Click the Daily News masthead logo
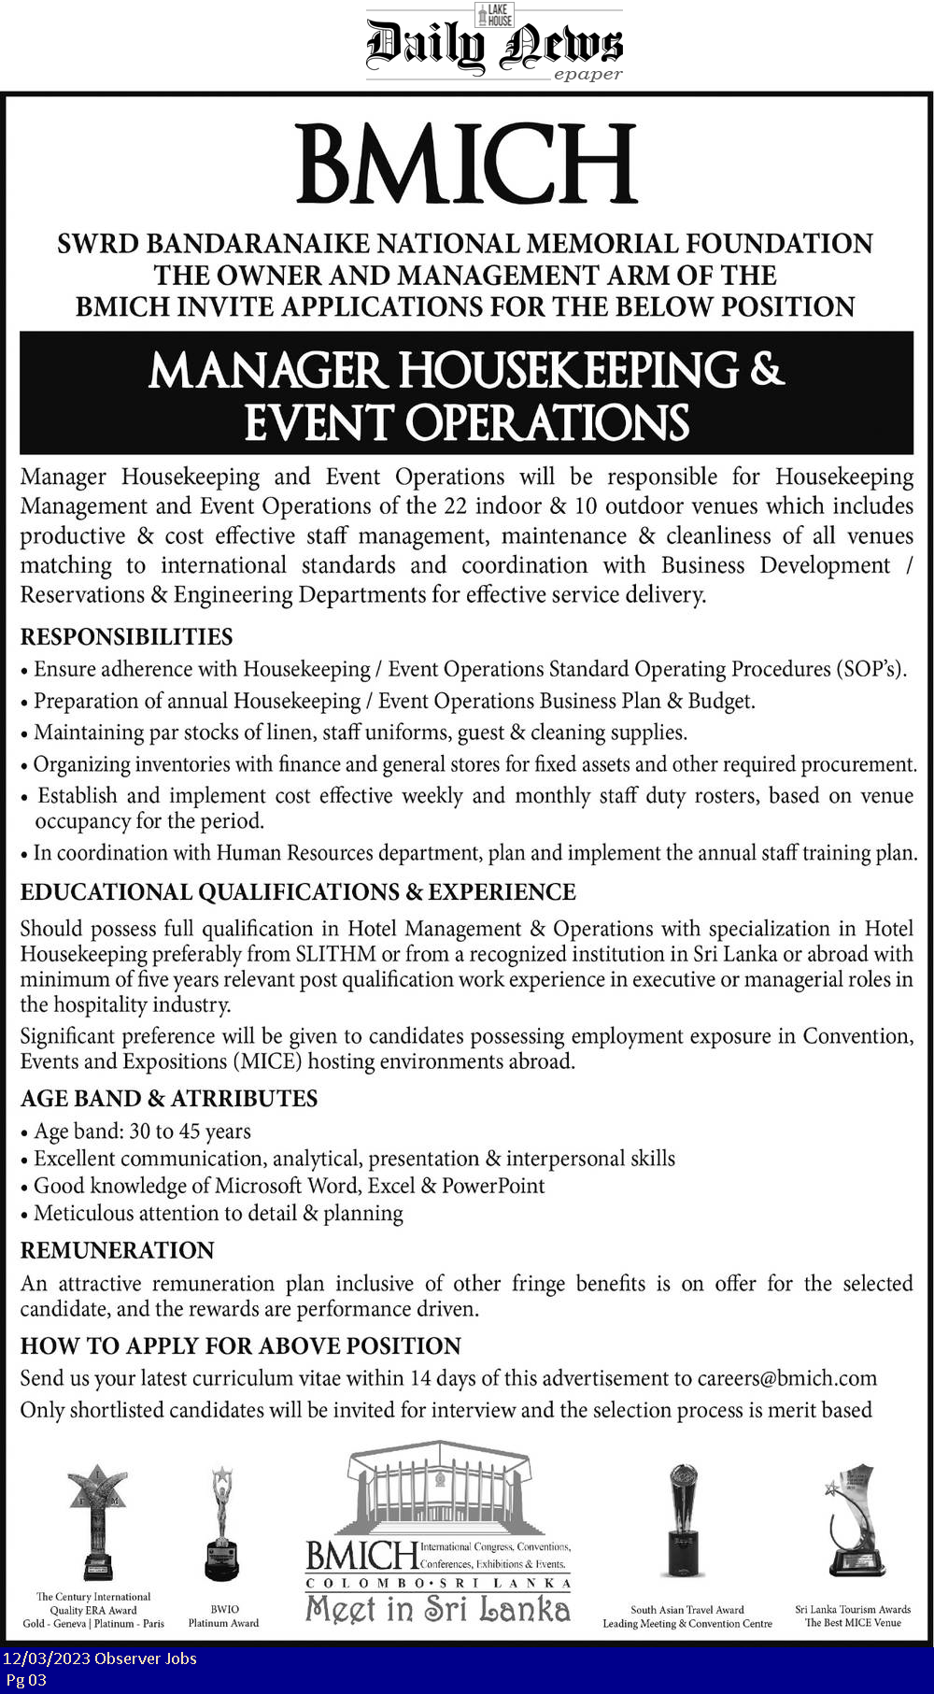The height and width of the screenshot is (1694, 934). point(493,44)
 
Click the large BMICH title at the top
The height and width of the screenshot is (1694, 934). point(466,165)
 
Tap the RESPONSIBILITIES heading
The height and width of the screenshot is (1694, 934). point(126,637)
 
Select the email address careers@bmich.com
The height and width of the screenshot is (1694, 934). point(786,1378)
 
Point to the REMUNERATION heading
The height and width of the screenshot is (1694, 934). point(118,1250)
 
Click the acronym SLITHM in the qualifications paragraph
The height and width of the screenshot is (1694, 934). point(335,954)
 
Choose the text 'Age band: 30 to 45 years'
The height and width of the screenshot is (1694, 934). point(142,1132)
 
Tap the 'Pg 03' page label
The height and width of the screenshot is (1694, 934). point(25,1680)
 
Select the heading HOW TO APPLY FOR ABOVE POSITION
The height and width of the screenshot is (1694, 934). point(241,1346)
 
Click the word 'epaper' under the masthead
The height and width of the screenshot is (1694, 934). point(587,75)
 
